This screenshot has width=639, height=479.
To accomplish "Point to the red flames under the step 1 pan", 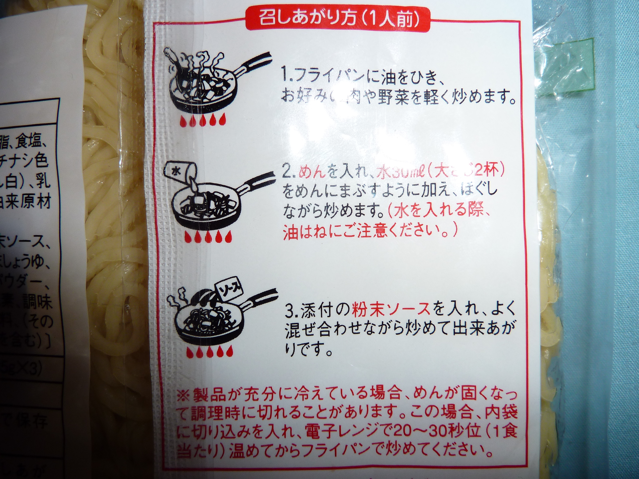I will pos(202,122).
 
